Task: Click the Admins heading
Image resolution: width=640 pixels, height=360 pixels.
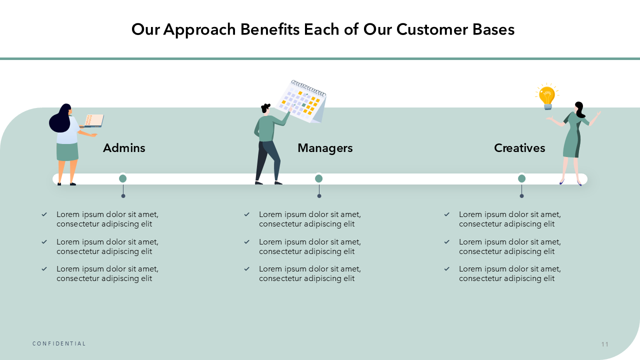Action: pyautogui.click(x=124, y=148)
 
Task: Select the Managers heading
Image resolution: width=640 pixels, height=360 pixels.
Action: pyautogui.click(x=325, y=148)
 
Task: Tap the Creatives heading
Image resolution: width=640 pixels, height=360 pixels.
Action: pyautogui.click(x=519, y=148)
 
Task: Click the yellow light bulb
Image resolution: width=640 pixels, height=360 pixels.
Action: pyautogui.click(x=547, y=96)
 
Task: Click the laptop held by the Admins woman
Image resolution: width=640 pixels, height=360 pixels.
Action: pyautogui.click(x=93, y=120)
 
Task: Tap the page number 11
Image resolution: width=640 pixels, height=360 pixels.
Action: pyautogui.click(x=605, y=344)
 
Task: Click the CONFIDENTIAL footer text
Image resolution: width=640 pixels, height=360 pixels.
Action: pyautogui.click(x=59, y=343)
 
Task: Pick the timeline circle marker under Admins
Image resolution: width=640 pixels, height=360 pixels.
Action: pyautogui.click(x=123, y=178)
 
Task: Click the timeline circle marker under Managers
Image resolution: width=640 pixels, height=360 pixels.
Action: pyautogui.click(x=319, y=178)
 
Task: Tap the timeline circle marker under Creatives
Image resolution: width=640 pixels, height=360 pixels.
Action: pyautogui.click(x=521, y=178)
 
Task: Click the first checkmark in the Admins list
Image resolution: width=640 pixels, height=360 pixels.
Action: pyautogui.click(x=44, y=214)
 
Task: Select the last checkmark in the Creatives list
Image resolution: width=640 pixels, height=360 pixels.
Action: pyautogui.click(x=447, y=269)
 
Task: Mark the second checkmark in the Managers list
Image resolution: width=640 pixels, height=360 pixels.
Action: pyautogui.click(x=247, y=242)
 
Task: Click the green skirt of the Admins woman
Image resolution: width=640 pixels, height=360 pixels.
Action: pyautogui.click(x=67, y=152)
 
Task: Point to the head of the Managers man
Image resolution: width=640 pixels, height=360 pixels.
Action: pyautogui.click(x=265, y=108)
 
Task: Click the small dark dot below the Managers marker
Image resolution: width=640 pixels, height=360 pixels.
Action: pyautogui.click(x=319, y=196)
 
